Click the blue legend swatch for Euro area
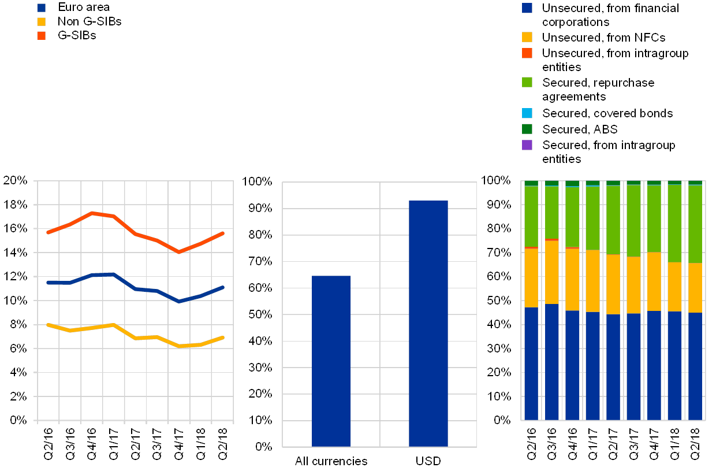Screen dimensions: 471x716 pyautogui.click(x=42, y=8)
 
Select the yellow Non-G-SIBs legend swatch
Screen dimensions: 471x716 pyautogui.click(x=42, y=21)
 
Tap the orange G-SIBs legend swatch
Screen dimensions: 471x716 pyautogui.click(x=42, y=36)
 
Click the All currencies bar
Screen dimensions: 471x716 pyautogui.click(x=331, y=361)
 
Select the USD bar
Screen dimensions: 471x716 pyautogui.click(x=428, y=323)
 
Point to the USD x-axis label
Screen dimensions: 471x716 pyautogui.click(x=428, y=462)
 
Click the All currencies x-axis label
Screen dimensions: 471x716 pyautogui.click(x=331, y=462)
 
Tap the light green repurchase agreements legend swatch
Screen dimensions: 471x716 pyautogui.click(x=527, y=83)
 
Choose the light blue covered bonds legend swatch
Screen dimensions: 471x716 pyautogui.click(x=527, y=113)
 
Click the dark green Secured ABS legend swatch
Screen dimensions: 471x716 pyautogui.click(x=527, y=128)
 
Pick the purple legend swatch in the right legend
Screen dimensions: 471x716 pyautogui.click(x=527, y=144)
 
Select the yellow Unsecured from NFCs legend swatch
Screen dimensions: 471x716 pyautogui.click(x=527, y=37)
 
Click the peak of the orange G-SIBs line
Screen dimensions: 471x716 pyautogui.click(x=92, y=213)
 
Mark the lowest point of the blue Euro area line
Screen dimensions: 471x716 pyautogui.click(x=179, y=301)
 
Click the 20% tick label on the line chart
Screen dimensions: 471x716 pyautogui.click(x=15, y=181)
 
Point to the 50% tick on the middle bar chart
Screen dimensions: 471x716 pyautogui.click(x=260, y=314)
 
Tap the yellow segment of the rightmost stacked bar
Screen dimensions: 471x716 pyautogui.click(x=695, y=288)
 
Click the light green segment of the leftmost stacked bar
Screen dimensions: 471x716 pyautogui.click(x=531, y=217)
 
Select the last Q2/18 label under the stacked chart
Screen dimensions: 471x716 pyautogui.click(x=695, y=444)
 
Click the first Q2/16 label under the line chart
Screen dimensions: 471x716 pyautogui.click(x=49, y=444)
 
